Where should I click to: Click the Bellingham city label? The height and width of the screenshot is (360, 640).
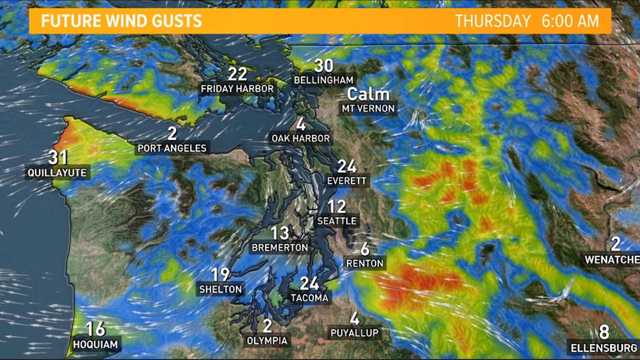coord(323,80)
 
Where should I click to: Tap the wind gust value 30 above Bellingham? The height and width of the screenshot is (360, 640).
coord(323,66)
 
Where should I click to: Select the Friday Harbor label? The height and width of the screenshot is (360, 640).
coord(237,89)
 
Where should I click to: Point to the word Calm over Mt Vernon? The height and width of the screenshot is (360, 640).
coord(368,94)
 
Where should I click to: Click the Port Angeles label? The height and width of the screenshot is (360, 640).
coord(172,148)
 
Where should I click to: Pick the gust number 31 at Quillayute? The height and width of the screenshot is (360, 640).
coord(58,157)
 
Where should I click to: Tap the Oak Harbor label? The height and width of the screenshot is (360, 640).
coord(300,138)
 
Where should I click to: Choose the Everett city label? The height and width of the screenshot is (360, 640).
coord(347,181)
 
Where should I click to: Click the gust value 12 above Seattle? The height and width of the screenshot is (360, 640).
coord(337,207)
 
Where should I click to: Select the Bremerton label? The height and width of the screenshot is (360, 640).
coord(280,248)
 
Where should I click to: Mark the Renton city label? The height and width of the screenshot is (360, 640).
coord(365,263)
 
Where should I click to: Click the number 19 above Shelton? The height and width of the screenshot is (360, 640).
coord(220,275)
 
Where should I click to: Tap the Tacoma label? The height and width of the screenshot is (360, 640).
coord(309,298)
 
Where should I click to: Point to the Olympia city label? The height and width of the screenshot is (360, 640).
coord(267,341)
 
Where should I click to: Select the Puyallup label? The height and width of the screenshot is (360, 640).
coord(354,333)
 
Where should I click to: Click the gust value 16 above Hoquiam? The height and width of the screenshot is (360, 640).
coord(96,329)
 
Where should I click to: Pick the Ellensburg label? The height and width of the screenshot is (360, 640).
coord(604,348)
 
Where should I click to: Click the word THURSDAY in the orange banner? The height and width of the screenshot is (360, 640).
coord(493,21)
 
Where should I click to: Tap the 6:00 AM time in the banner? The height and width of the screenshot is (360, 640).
coord(570,21)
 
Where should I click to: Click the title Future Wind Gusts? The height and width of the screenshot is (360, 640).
coord(121,21)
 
